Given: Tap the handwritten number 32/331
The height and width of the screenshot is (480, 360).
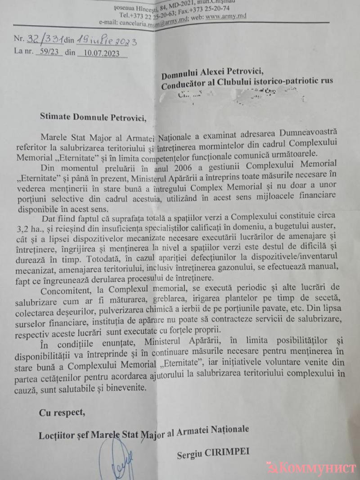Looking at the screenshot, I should tap(45, 40).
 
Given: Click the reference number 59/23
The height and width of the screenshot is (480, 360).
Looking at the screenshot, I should tap(49, 52).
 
